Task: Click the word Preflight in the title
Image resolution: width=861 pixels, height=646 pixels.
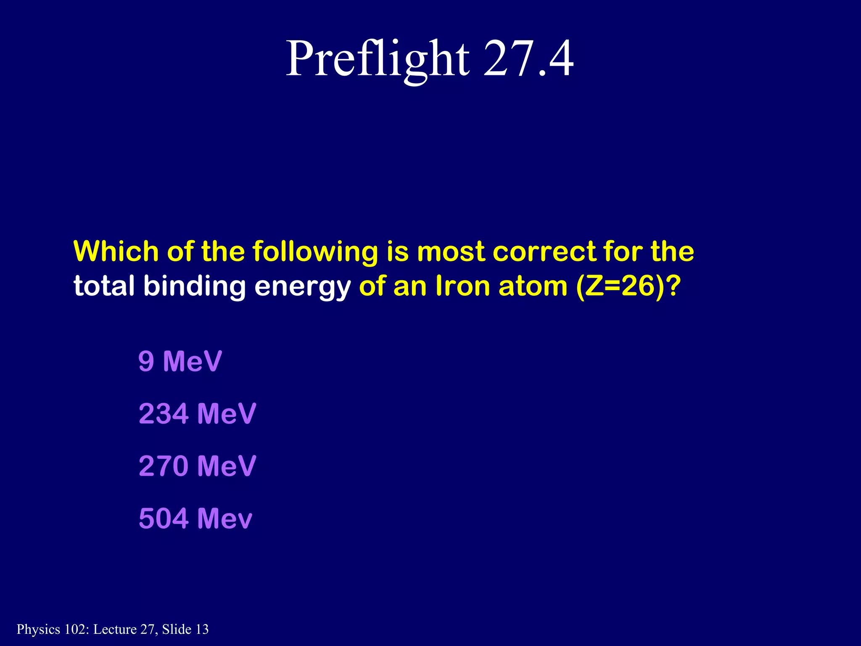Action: tap(377, 59)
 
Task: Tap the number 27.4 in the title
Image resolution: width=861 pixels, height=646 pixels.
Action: tap(528, 59)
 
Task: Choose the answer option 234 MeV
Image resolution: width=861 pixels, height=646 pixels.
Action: tap(197, 413)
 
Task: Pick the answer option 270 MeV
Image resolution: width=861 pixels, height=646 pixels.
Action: tap(197, 466)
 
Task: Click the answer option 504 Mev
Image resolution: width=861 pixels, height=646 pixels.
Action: tap(195, 518)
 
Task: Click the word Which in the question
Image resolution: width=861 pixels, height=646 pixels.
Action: tap(116, 252)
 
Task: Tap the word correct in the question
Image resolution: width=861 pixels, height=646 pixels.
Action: tap(544, 252)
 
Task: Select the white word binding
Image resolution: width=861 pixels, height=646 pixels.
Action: tap(195, 287)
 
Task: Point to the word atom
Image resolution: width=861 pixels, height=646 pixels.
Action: tap(533, 286)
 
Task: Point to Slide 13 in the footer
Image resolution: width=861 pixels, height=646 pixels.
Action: tap(185, 629)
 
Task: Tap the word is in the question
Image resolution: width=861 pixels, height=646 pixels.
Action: tap(398, 252)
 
